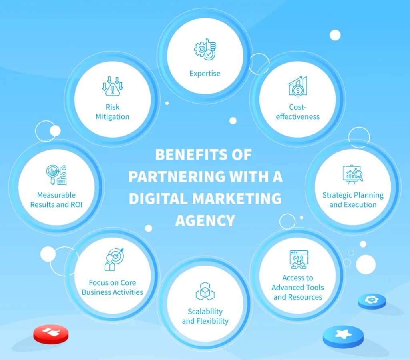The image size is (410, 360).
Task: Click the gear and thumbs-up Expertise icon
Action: (x=205, y=50)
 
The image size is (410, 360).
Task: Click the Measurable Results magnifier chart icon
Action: (x=56, y=175)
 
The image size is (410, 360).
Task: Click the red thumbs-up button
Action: (x=51, y=334)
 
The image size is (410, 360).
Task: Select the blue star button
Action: (x=343, y=334)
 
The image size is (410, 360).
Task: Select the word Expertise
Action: (x=205, y=74)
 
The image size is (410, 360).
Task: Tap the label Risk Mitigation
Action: (x=113, y=112)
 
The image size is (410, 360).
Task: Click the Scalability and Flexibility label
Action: (x=205, y=316)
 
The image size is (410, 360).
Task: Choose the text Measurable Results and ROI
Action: (x=56, y=200)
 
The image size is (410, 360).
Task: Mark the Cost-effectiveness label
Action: (x=298, y=112)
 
